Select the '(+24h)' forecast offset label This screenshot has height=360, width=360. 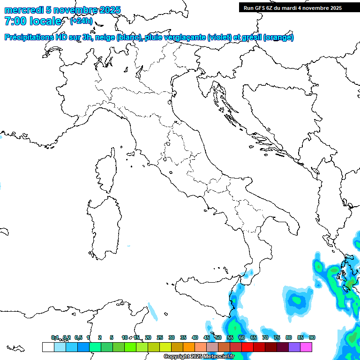82,21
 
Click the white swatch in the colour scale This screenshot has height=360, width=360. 48,347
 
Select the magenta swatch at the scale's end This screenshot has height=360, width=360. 306,347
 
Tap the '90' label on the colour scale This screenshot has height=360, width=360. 312,337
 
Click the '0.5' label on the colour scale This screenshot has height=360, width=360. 78,337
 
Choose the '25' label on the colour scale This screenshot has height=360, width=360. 160,337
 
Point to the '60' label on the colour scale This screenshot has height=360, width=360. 242,337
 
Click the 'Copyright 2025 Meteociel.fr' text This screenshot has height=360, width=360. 199,357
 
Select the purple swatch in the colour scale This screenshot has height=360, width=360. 294,347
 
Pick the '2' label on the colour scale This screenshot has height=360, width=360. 100,337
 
